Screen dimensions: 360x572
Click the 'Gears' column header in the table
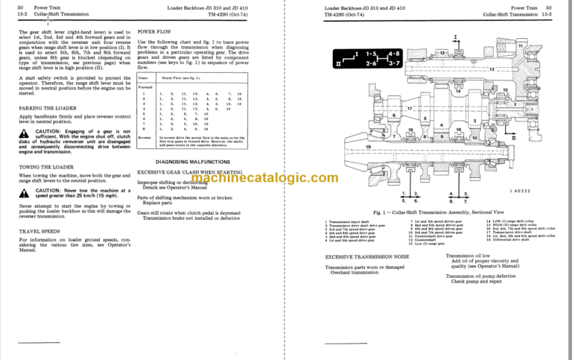click(x=144, y=77)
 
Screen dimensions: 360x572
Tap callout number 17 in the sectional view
click(x=409, y=110)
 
